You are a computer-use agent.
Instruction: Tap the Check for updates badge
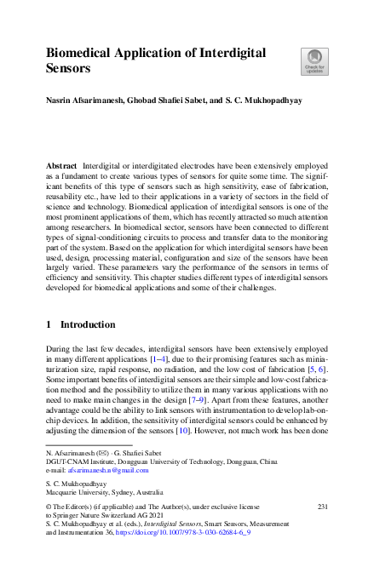point(314,61)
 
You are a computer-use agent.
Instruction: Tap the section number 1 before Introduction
point(49,324)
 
